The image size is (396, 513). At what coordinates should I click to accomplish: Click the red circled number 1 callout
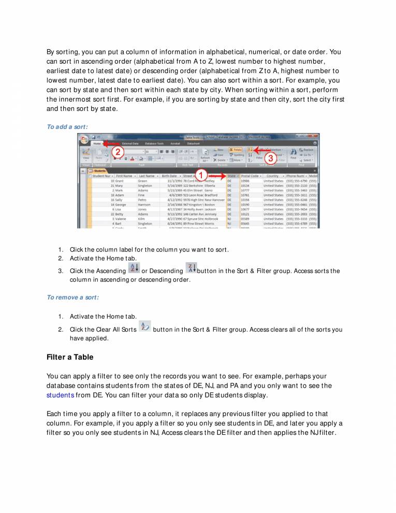[202, 175]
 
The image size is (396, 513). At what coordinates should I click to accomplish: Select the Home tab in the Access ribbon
[96, 143]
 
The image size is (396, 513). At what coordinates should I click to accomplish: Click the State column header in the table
[232, 176]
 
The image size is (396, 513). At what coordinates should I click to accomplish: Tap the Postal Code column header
[251, 176]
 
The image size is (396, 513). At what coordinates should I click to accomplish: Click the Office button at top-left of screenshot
[84, 140]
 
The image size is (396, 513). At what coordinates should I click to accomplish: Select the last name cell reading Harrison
[144, 205]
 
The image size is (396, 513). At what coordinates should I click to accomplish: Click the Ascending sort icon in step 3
[133, 268]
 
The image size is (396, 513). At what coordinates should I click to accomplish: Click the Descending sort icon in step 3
[190, 268]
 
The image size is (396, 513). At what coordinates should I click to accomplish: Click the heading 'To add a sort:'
[67, 126]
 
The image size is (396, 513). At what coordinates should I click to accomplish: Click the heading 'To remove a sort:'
[72, 297]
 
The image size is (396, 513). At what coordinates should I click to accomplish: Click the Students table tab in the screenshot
[99, 170]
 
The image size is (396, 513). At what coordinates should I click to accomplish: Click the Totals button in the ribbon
[237, 149]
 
